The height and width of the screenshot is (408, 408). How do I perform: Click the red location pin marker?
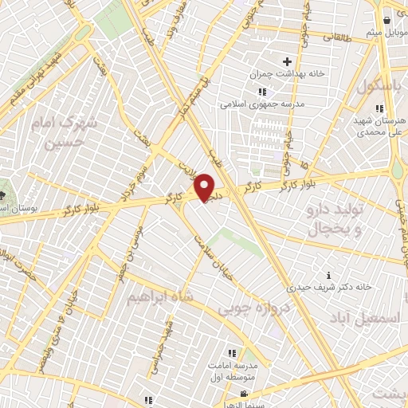coord(205,188)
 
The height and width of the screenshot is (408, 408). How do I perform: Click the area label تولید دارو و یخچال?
coord(335,218)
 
